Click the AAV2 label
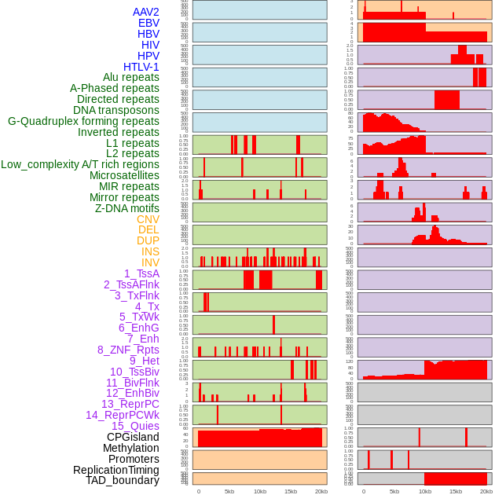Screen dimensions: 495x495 pyautogui.click(x=146, y=12)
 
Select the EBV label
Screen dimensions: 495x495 pyautogui.click(x=148, y=23)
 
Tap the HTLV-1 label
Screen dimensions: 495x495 pyautogui.click(x=141, y=67)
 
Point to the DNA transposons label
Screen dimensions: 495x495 pyautogui.click(x=116, y=110)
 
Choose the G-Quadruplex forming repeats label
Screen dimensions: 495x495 pyautogui.click(x=83, y=121)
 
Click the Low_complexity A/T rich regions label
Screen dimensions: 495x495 pyautogui.click(x=80, y=164)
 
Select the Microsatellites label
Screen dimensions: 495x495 pyautogui.click(x=124, y=175)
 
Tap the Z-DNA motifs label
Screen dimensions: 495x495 pyautogui.click(x=127, y=208)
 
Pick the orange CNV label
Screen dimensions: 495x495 pyautogui.click(x=148, y=219)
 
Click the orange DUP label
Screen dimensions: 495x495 pyautogui.click(x=148, y=240)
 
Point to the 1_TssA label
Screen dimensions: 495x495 pyautogui.click(x=141, y=273)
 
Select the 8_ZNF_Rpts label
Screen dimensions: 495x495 pyautogui.click(x=128, y=350)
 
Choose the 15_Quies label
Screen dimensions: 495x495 pyautogui.click(x=135, y=426)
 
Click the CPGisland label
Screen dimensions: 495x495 pyautogui.click(x=133, y=437)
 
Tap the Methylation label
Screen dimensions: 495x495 pyautogui.click(x=130, y=448)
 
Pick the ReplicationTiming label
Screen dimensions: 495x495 pyautogui.click(x=117, y=470)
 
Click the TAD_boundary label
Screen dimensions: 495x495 pyautogui.click(x=123, y=480)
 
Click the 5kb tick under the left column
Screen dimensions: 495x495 pyautogui.click(x=229, y=491)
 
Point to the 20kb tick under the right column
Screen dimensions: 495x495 pyautogui.click(x=486, y=491)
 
